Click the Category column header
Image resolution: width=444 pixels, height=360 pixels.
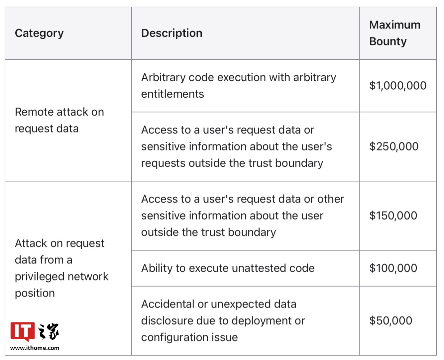point(39,33)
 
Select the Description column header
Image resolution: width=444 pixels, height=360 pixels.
point(172,33)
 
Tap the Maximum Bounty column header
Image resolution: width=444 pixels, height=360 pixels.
point(394,33)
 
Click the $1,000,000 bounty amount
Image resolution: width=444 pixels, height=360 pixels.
point(398,86)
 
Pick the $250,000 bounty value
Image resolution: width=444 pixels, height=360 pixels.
point(394,146)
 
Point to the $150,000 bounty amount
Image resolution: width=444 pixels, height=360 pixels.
point(393,216)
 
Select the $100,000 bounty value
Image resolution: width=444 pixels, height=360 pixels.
point(393,268)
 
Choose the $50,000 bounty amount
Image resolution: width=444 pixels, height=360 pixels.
point(390,320)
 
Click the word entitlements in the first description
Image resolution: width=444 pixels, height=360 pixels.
point(172,94)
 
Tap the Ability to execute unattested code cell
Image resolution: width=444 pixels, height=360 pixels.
point(228,268)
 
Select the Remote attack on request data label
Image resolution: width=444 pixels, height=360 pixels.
point(59,120)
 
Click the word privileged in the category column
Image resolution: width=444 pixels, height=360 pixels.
point(40,277)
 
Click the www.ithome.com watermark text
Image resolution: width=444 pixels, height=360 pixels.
point(35,348)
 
